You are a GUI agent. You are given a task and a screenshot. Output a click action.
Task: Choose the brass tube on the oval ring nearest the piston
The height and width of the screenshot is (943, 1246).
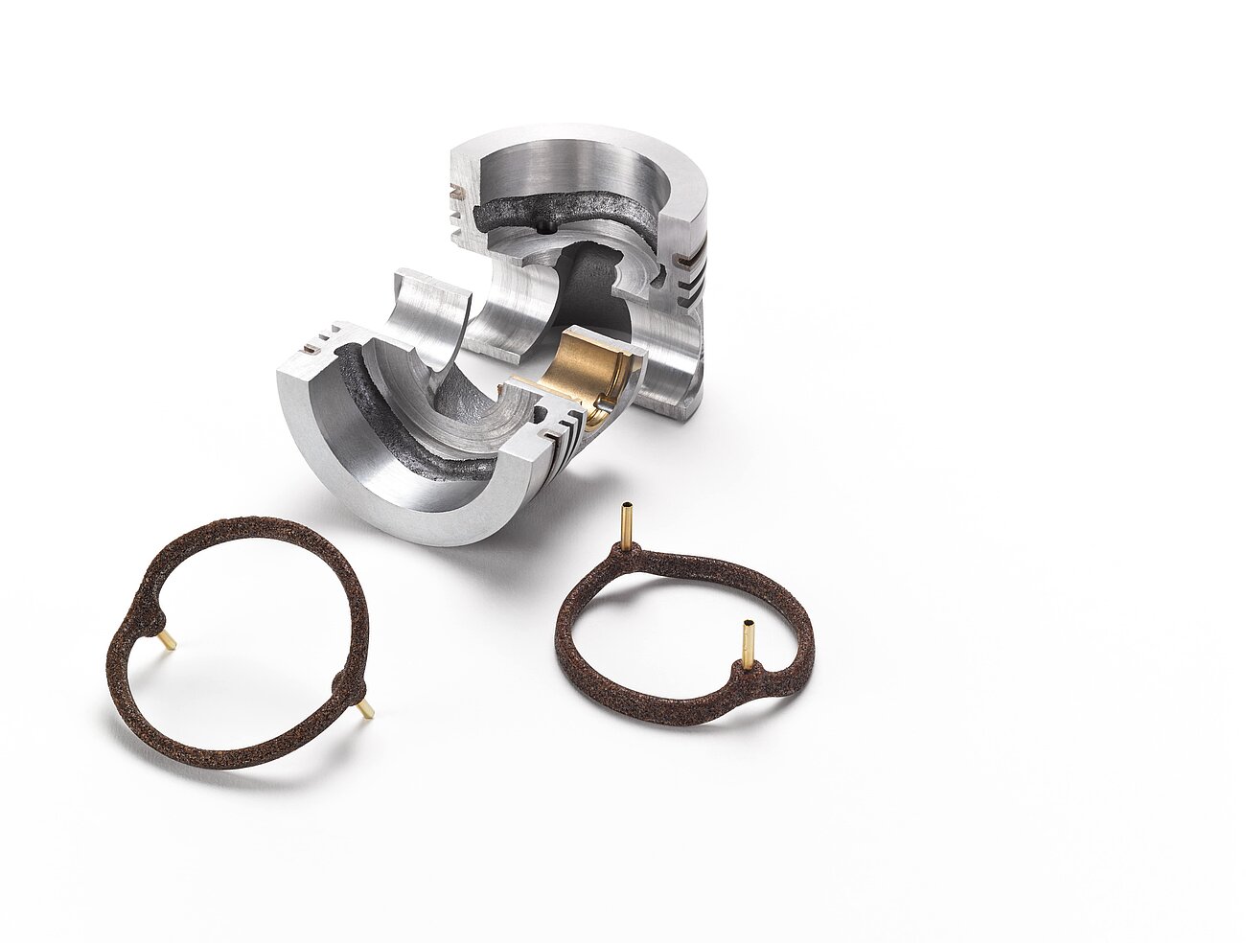pos(626,522)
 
